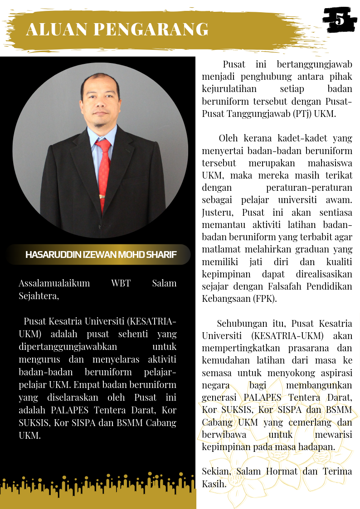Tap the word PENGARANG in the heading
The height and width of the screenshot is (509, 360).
(151, 29)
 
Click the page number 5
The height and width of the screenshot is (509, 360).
(339, 19)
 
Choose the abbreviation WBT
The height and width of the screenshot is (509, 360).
(121, 283)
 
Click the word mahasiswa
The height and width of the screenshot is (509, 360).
(328, 163)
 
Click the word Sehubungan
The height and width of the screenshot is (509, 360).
(238, 324)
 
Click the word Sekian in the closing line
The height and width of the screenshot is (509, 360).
(215, 471)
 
